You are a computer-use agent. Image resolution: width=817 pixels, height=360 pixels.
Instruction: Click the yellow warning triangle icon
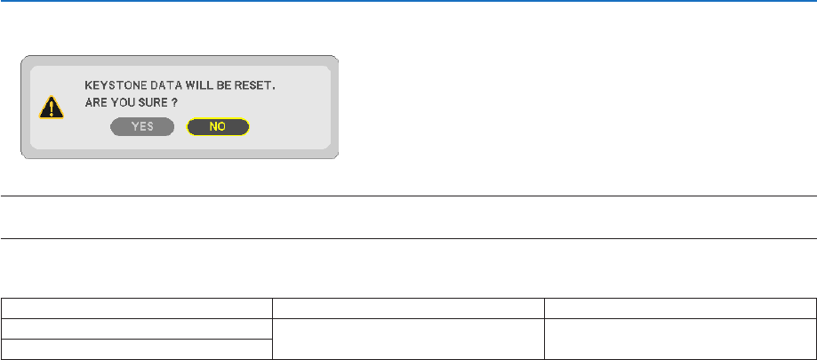coord(52,108)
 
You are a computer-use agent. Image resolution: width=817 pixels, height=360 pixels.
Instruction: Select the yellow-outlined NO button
coord(218,127)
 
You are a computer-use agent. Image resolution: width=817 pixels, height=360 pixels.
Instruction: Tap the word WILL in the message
coord(199,88)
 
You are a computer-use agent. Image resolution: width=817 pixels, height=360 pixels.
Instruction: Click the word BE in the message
coord(225,88)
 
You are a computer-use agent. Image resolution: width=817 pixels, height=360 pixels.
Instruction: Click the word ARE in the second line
coord(95,104)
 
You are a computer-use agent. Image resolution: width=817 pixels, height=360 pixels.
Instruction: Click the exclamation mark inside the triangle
coord(52,109)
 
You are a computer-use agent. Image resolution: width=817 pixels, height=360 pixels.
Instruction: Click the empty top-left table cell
coord(137,308)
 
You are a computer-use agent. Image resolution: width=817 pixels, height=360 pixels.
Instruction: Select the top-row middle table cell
coord(408,308)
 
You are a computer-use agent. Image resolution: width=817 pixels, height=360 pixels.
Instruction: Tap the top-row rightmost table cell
coord(680,308)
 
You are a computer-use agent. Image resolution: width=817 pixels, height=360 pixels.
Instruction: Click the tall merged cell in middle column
coord(408,339)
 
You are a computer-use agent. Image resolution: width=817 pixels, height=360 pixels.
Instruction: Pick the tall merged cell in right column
coord(680,339)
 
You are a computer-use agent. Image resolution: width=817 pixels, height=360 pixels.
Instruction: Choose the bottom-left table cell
coord(137,349)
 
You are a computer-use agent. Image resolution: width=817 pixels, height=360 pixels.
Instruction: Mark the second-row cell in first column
coord(137,329)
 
